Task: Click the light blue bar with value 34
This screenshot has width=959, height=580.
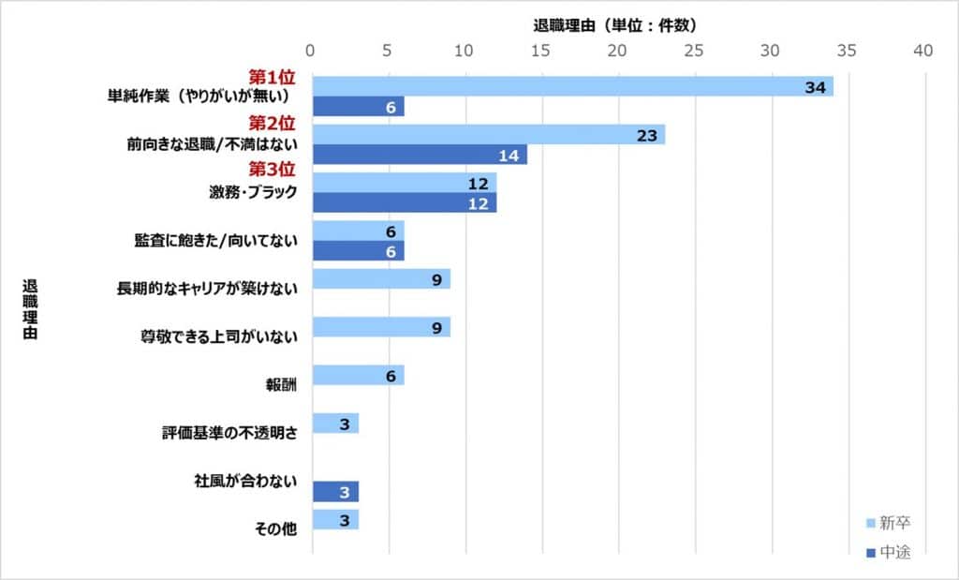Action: tap(571, 87)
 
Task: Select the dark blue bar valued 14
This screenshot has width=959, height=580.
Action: tap(419, 155)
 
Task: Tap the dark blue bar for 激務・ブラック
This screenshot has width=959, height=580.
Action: tap(404, 202)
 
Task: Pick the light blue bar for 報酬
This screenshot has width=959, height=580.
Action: tap(357, 376)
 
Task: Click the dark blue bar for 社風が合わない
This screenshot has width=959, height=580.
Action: tap(334, 492)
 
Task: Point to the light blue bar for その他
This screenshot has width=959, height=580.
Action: tap(334, 520)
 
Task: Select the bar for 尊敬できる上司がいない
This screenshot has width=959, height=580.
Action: tap(380, 327)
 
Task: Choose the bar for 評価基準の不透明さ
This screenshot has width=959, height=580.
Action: tap(334, 424)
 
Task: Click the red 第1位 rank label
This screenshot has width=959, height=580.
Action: tap(272, 76)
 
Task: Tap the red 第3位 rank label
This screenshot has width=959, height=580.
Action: tap(272, 170)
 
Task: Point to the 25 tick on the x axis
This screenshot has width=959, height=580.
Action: tap(694, 52)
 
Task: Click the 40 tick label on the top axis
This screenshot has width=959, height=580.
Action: tap(923, 52)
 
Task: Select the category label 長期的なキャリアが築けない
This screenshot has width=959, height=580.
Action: tap(207, 289)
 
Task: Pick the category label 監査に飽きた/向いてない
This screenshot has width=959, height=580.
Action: tap(215, 241)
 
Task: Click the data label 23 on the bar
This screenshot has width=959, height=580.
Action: tap(646, 134)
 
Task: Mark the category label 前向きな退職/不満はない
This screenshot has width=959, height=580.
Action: tap(212, 145)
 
